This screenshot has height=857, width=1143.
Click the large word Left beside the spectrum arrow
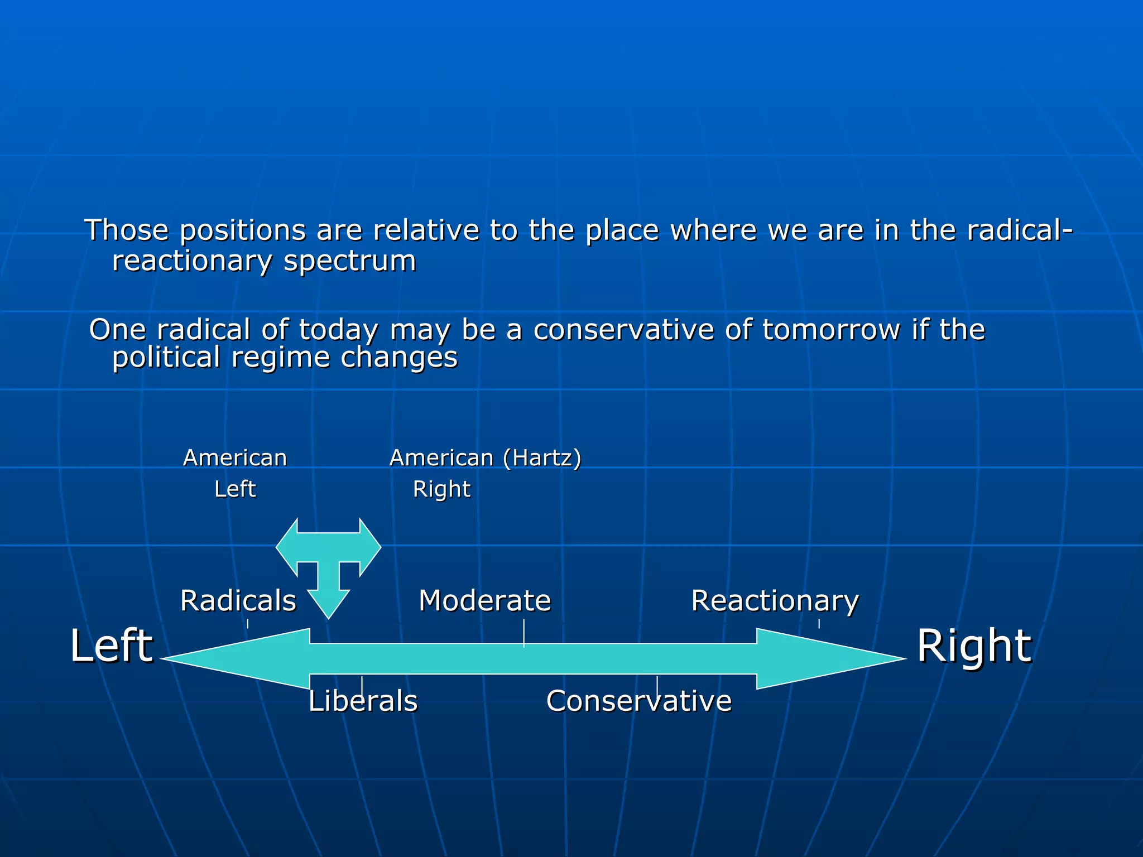pos(112,646)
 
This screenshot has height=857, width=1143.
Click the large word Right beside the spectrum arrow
pos(974,646)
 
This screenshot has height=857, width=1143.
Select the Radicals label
pos(238,601)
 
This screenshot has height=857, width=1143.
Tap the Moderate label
pos(484,601)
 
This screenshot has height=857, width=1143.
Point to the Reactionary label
pos(775,601)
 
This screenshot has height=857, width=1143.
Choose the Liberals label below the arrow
pos(363,701)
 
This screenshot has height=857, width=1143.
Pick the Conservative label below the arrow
pos(638,701)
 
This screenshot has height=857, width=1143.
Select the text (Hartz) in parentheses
pos(542,458)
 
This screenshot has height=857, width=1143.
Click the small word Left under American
pos(235,489)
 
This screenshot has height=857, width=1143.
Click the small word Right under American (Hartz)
pos(441,489)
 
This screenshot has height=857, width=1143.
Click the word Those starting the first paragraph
pos(126,230)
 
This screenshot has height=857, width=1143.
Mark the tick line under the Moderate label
pos(524,633)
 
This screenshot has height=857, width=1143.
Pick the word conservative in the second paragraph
pos(623,330)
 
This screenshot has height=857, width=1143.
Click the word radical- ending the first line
pos(1019,230)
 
